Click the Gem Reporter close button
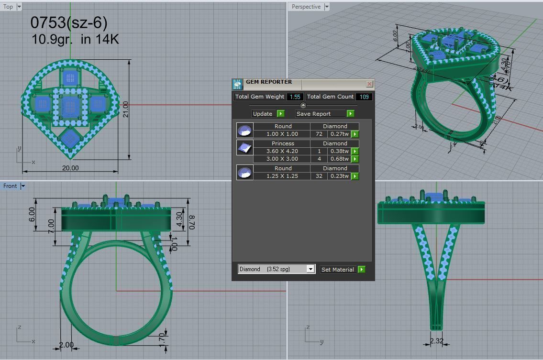(x=369, y=84)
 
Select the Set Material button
(x=342, y=270)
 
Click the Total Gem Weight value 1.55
(x=295, y=97)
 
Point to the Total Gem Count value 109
(x=364, y=97)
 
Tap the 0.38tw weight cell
(x=339, y=151)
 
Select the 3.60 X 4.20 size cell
(x=282, y=151)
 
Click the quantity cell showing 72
(x=319, y=134)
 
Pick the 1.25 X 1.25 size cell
(x=282, y=176)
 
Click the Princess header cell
(x=283, y=143)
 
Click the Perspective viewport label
(x=306, y=7)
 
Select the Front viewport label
(x=10, y=186)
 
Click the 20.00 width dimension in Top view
(x=70, y=168)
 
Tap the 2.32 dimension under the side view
(x=437, y=341)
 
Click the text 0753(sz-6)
(x=69, y=22)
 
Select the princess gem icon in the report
(x=244, y=148)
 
